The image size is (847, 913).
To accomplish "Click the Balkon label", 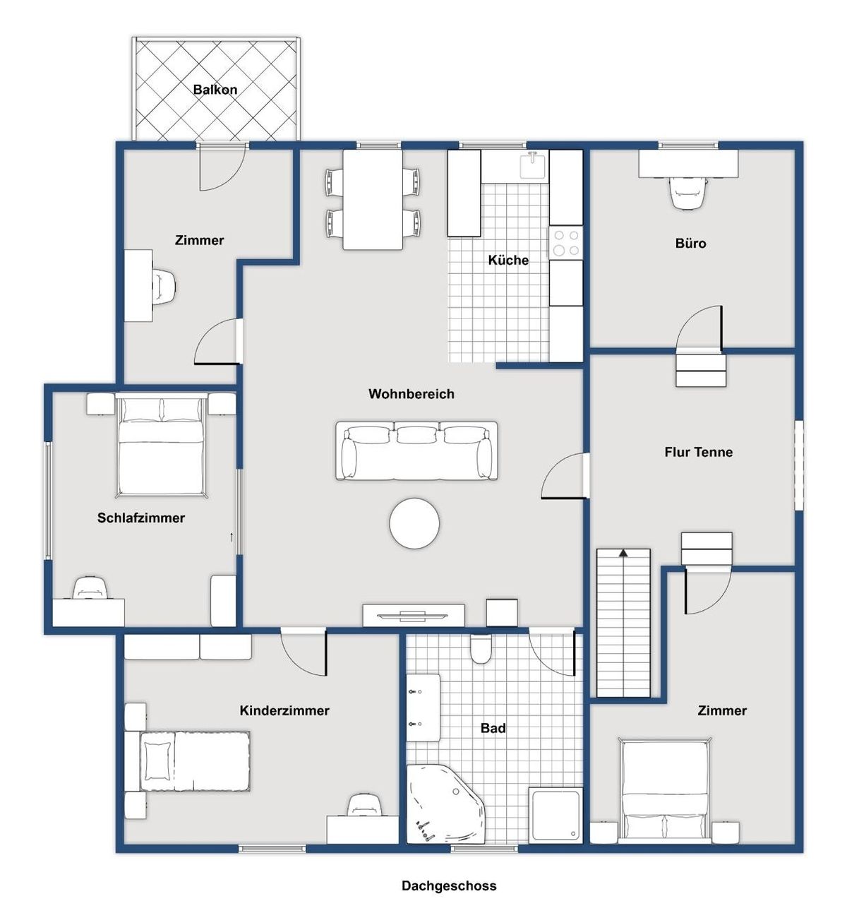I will pyautogui.click(x=215, y=90).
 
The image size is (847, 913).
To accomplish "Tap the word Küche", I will pyautogui.click(x=508, y=260).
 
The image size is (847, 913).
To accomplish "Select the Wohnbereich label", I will pyautogui.click(x=412, y=394).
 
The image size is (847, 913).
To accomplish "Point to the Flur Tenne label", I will pyautogui.click(x=698, y=452).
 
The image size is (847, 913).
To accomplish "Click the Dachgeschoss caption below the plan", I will pyautogui.click(x=449, y=885).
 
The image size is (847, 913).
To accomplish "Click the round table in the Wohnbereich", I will pyautogui.click(x=414, y=523).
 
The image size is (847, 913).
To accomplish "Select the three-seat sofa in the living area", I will pyautogui.click(x=416, y=450).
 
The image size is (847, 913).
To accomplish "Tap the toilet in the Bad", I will pyautogui.click(x=481, y=650).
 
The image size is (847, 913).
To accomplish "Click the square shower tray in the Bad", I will pyautogui.click(x=557, y=815).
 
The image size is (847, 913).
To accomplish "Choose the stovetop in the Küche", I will pyautogui.click(x=566, y=243).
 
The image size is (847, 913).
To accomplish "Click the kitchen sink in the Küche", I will pyautogui.click(x=534, y=166).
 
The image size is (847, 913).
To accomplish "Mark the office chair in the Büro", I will pyautogui.click(x=688, y=193).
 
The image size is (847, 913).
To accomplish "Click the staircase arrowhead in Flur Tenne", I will pyautogui.click(x=623, y=553).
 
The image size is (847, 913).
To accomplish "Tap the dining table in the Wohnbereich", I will pyautogui.click(x=373, y=199).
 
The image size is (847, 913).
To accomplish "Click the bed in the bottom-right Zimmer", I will pyautogui.click(x=665, y=790).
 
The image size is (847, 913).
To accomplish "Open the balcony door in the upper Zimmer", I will pyautogui.click(x=222, y=167).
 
